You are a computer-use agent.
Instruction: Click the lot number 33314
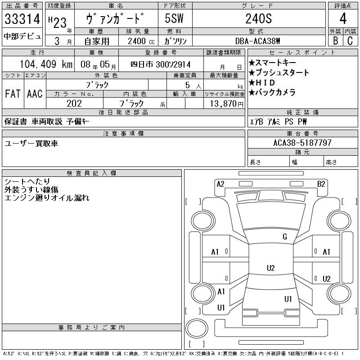(x=22, y=19)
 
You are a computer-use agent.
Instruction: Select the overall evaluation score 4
(x=342, y=18)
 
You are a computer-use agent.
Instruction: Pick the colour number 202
(x=74, y=103)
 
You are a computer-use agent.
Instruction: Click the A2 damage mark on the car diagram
(x=220, y=184)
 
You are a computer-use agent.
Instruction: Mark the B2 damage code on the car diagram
(x=321, y=184)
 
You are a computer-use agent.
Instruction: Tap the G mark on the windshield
(x=285, y=237)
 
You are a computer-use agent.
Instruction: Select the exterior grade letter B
(x=335, y=40)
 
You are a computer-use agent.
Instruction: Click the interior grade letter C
(x=350, y=40)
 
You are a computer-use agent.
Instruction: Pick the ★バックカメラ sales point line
(x=272, y=93)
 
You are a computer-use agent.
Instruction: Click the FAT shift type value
(x=13, y=94)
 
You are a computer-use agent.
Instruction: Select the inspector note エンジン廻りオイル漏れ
(x=47, y=198)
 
